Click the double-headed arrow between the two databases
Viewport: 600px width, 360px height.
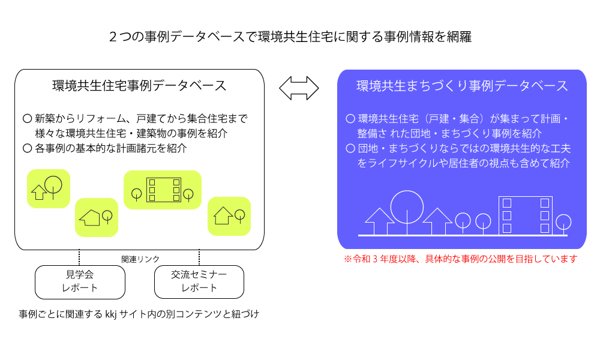299,88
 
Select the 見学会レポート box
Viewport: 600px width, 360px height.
80,282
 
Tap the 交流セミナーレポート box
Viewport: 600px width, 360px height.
199,282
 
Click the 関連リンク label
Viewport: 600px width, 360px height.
140,259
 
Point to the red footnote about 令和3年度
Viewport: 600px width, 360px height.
460,259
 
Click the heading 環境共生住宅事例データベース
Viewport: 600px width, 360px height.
139,86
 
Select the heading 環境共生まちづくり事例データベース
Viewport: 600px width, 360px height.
462,86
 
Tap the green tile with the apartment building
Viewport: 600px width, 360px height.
163,190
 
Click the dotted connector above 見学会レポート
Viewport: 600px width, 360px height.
79,257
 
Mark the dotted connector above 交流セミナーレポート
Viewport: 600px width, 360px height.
199,257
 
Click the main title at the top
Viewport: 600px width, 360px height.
290,37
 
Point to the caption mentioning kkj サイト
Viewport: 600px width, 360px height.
139,314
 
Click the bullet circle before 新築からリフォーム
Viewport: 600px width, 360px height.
27,119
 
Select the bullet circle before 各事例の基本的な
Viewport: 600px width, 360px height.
27,148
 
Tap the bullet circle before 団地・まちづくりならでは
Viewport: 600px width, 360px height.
350,148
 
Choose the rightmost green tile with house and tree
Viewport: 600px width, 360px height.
229,216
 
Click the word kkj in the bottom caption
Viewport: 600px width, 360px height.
110,314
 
